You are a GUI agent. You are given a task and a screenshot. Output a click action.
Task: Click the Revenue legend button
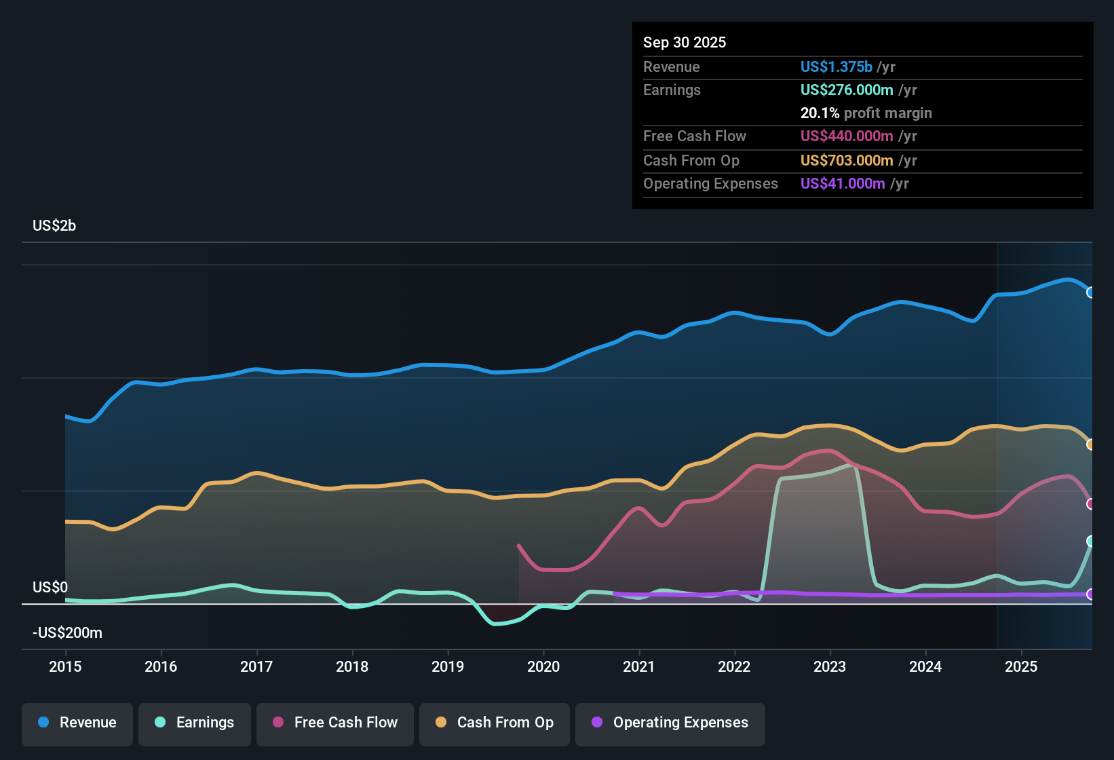pyautogui.click(x=77, y=723)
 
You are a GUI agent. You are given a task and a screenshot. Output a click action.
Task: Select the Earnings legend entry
pyautogui.click(x=195, y=723)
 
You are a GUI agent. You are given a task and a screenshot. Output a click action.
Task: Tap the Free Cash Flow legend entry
pyautogui.click(x=335, y=723)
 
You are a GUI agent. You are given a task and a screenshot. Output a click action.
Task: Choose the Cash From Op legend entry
pyautogui.click(x=495, y=723)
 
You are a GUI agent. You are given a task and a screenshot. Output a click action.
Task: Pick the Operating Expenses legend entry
pyautogui.click(x=670, y=723)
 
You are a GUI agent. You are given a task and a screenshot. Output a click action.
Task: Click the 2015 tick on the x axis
pyautogui.click(x=65, y=667)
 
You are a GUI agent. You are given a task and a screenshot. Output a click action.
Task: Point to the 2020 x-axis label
pyautogui.click(x=543, y=667)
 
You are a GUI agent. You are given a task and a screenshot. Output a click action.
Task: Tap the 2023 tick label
pyautogui.click(x=830, y=667)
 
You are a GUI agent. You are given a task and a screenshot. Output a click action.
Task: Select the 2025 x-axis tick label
pyautogui.click(x=1021, y=667)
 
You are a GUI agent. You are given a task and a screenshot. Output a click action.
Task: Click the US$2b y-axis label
pyautogui.click(x=54, y=226)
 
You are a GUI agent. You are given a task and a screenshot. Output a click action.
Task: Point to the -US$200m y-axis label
pyautogui.click(x=67, y=633)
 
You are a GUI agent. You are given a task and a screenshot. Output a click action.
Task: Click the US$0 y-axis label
pyautogui.click(x=50, y=588)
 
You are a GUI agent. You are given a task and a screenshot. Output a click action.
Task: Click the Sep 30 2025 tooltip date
pyautogui.click(x=685, y=43)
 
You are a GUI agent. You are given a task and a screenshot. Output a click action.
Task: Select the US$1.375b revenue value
pyautogui.click(x=836, y=67)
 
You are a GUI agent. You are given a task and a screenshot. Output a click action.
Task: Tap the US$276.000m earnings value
pyautogui.click(x=846, y=90)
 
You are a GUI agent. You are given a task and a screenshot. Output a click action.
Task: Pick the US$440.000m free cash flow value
pyautogui.click(x=846, y=136)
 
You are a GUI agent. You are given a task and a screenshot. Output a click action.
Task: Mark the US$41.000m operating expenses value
pyautogui.click(x=842, y=184)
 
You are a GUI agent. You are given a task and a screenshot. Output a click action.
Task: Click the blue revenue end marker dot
pyautogui.click(x=1090, y=292)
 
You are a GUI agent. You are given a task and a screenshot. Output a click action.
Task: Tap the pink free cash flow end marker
pyautogui.click(x=1090, y=504)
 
